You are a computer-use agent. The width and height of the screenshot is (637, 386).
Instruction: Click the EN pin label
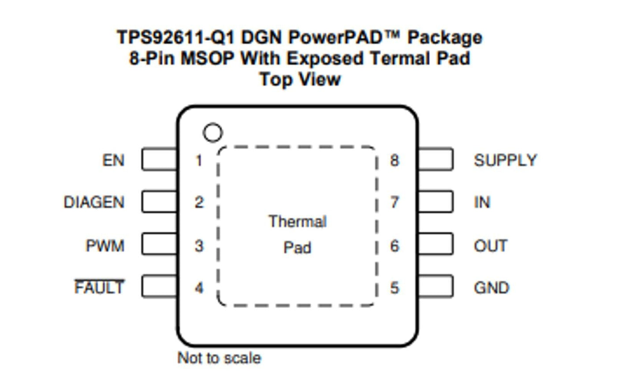click(113, 160)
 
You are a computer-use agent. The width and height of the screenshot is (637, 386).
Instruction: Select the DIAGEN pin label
click(94, 202)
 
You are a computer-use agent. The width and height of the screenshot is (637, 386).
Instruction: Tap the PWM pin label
click(105, 245)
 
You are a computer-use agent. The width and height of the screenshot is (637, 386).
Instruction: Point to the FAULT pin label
click(99, 288)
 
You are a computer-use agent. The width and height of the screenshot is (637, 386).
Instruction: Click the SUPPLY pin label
click(505, 160)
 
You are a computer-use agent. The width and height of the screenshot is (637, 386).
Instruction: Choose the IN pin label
click(482, 202)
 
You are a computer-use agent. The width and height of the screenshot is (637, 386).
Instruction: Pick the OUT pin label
click(490, 245)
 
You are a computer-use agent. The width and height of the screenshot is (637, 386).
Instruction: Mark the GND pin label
click(491, 288)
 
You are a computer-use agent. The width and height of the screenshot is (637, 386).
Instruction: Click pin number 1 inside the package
click(199, 160)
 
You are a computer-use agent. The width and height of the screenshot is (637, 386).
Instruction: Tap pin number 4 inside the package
click(199, 288)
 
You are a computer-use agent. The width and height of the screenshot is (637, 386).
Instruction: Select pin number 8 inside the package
click(395, 160)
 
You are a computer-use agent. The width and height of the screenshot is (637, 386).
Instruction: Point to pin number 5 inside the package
click(395, 288)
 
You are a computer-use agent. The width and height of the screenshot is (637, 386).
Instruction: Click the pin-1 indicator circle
click(212, 132)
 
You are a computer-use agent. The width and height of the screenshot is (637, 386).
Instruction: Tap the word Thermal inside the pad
click(298, 221)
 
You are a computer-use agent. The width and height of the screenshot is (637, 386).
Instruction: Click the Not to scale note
click(219, 358)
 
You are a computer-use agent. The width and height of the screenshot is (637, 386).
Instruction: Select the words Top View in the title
click(300, 79)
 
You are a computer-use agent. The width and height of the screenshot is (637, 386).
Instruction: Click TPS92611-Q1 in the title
click(176, 37)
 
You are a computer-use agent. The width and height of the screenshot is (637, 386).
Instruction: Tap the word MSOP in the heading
click(207, 58)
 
